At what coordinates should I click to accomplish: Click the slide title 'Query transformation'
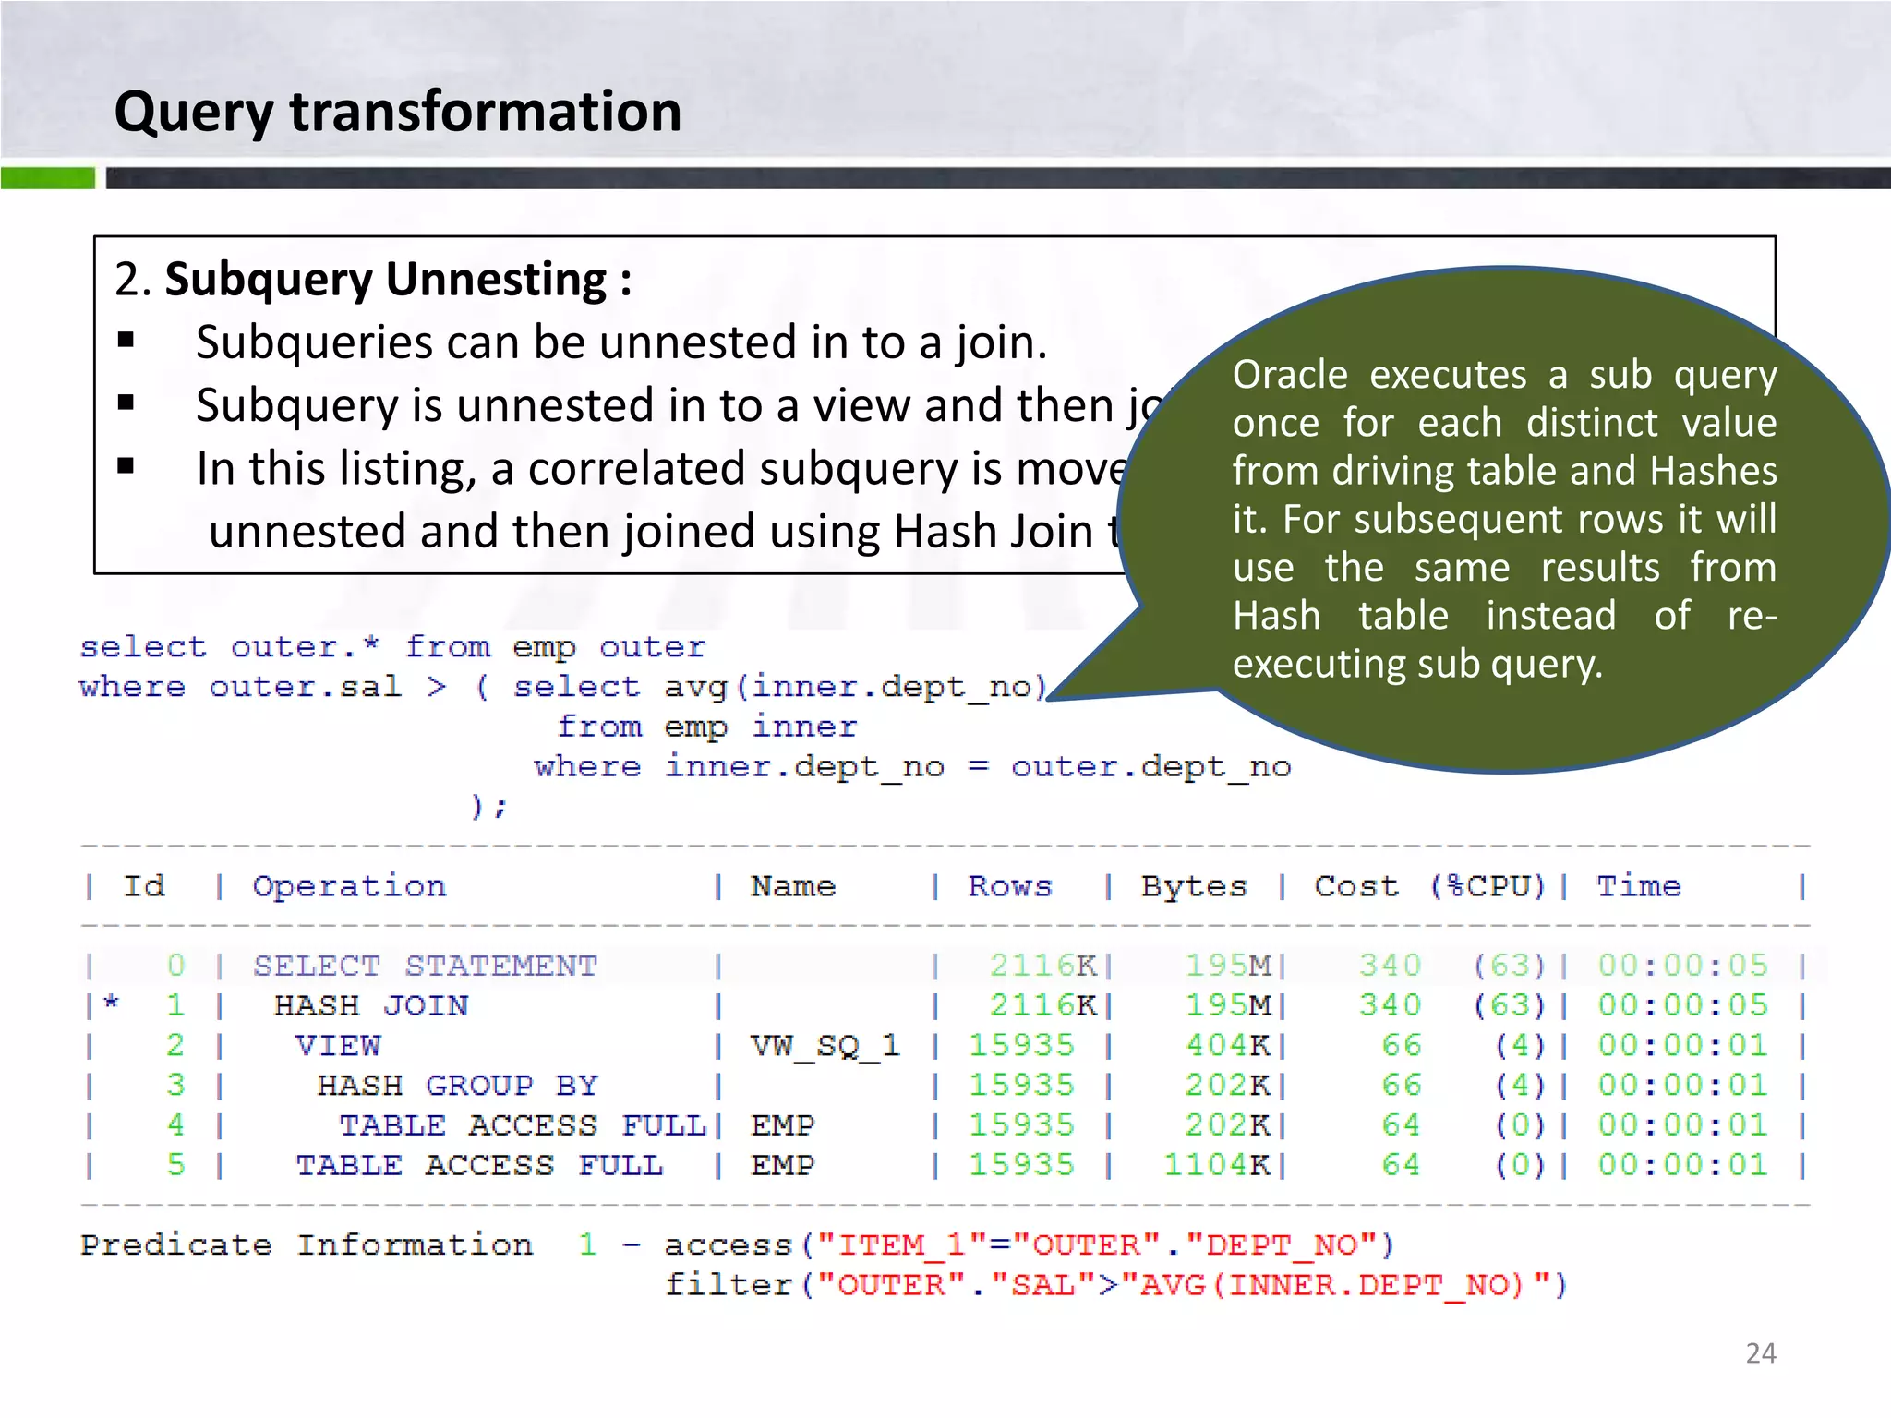pyautogui.click(x=397, y=112)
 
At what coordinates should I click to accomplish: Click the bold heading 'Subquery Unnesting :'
pyautogui.click(x=398, y=279)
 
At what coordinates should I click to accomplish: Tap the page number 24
pyautogui.click(x=1760, y=1353)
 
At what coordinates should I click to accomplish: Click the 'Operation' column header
pyautogui.click(x=349, y=886)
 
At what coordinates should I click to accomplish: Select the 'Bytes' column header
pyautogui.click(x=1194, y=886)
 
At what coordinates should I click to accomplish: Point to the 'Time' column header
pyautogui.click(x=1639, y=886)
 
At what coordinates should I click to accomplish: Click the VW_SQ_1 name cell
pyautogui.click(x=825, y=1046)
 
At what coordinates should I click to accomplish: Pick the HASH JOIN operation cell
pyautogui.click(x=371, y=1005)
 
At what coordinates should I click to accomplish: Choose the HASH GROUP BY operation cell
pyautogui.click(x=458, y=1086)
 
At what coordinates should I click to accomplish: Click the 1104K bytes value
pyautogui.click(x=1216, y=1165)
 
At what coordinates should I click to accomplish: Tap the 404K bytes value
pyautogui.click(x=1228, y=1046)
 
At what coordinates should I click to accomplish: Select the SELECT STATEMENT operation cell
pyautogui.click(x=426, y=966)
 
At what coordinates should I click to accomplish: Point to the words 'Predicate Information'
pyautogui.click(x=306, y=1244)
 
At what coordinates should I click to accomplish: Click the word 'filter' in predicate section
pyautogui.click(x=729, y=1284)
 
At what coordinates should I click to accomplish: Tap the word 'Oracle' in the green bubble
pyautogui.click(x=1290, y=375)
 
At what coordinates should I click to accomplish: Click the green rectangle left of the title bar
pyautogui.click(x=47, y=178)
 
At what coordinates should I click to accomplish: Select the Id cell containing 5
pyautogui.click(x=175, y=1165)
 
